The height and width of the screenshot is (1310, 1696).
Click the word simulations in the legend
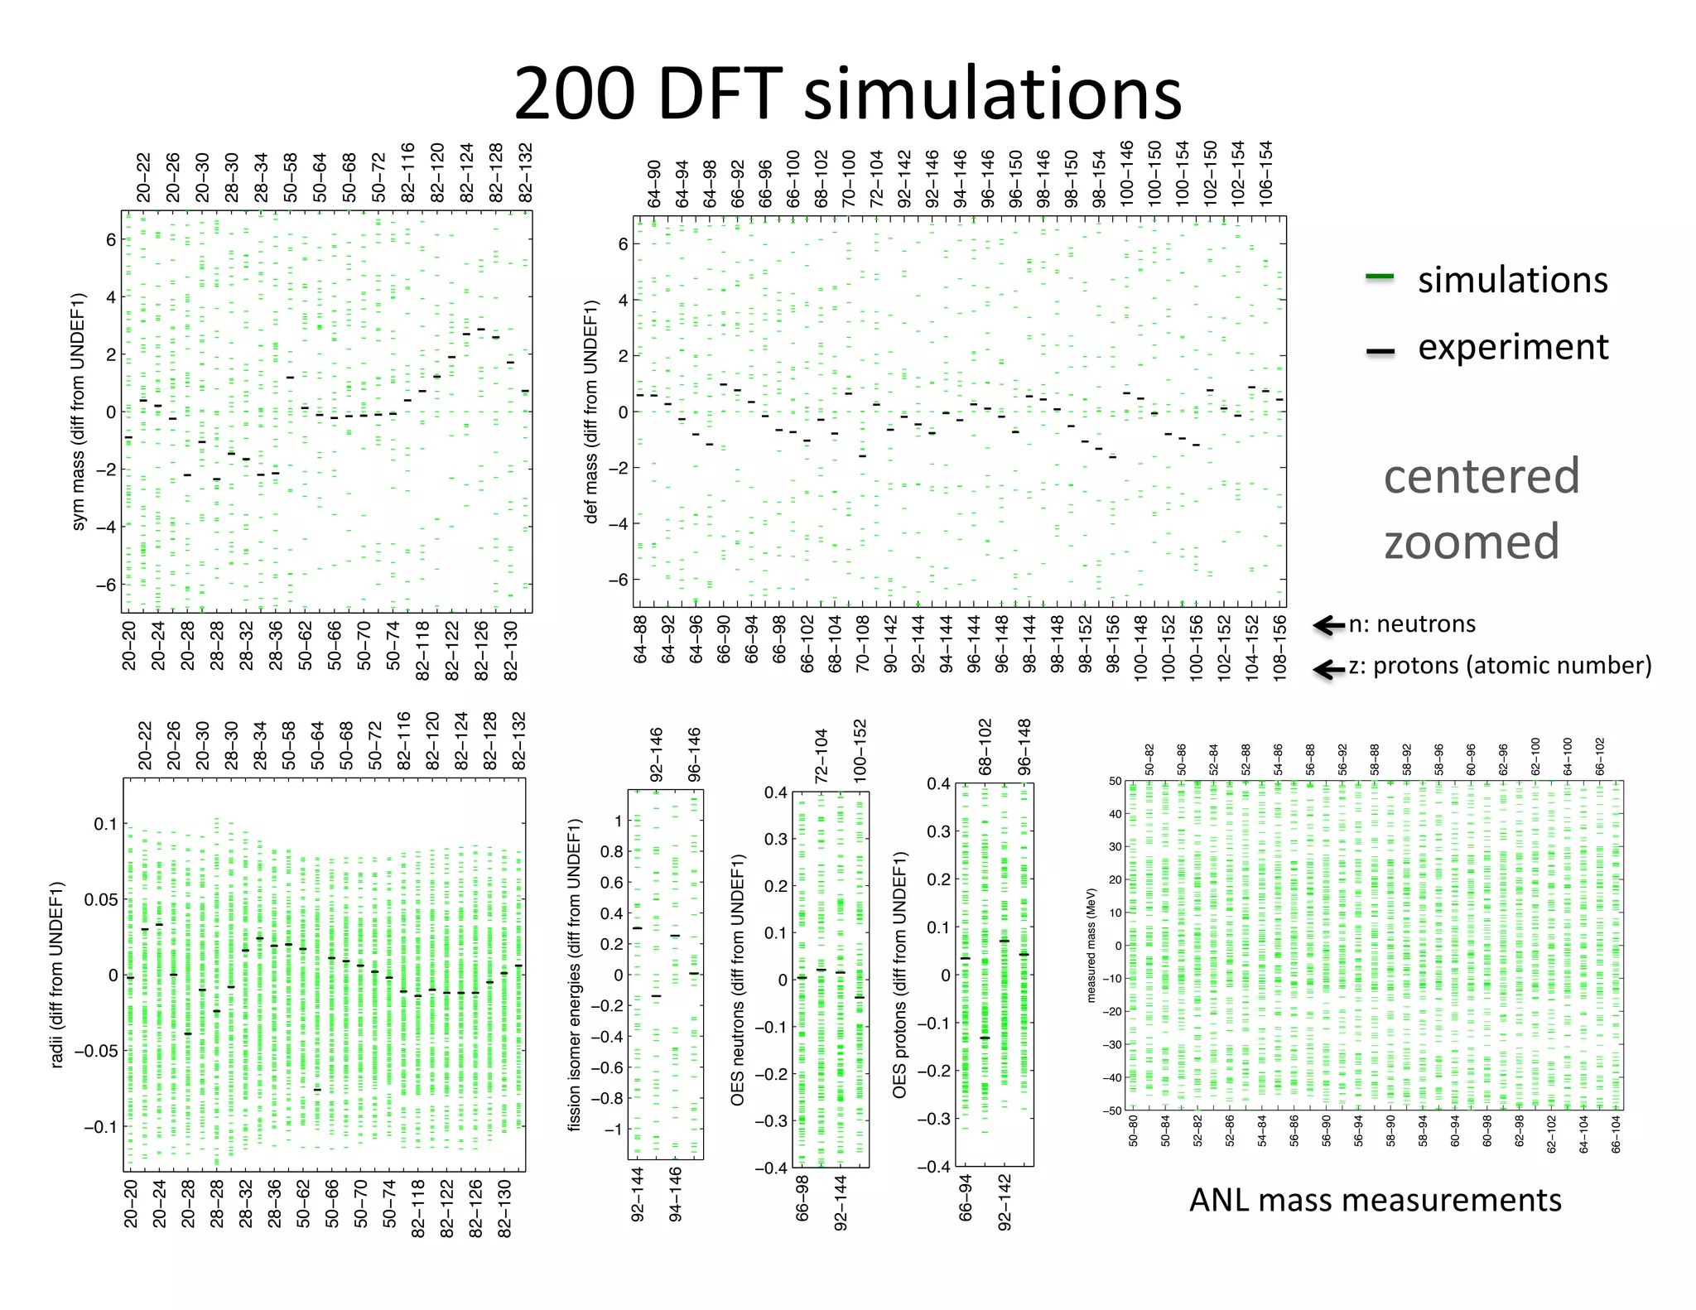[1512, 280]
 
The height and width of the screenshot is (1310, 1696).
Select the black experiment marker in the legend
[1380, 351]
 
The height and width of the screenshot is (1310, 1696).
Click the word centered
[1482, 476]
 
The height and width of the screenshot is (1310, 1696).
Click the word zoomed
[1472, 542]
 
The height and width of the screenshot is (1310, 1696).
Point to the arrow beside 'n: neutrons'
[1328, 625]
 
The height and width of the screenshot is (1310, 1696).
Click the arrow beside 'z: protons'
[1328, 668]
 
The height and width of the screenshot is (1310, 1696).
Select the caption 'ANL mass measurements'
[1375, 1200]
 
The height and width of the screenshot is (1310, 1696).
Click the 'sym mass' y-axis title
[78, 412]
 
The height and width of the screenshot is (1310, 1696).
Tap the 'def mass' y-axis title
[591, 412]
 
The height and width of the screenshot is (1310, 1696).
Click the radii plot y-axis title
[56, 975]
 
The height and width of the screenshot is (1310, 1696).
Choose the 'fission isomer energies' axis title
[574, 975]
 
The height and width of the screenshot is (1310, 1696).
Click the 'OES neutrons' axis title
[737, 980]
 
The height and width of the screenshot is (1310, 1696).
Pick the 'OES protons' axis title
[899, 975]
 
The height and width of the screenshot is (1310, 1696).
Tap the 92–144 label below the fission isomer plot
[638, 1194]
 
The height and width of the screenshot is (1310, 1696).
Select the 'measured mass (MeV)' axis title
[1091, 945]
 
